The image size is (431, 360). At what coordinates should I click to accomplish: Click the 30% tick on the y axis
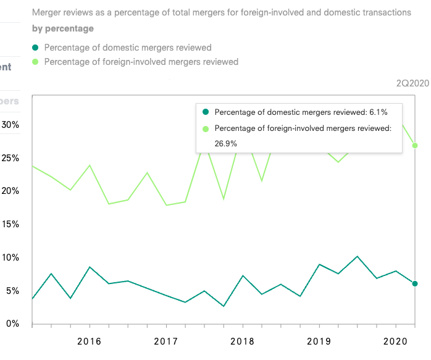10,125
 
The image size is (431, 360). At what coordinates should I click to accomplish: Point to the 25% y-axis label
10,158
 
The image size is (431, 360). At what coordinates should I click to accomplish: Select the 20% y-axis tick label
10,191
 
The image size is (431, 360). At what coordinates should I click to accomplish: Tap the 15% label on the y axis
10,224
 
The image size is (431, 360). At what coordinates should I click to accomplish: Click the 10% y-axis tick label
10,257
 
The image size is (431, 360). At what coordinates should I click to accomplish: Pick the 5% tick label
13,291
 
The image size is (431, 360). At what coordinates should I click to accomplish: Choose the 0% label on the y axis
13,324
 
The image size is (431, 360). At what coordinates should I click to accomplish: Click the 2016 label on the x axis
90,341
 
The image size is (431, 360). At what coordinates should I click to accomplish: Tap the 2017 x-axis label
166,341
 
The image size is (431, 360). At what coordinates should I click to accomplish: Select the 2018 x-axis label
243,341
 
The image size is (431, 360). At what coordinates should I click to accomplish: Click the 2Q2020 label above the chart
412,83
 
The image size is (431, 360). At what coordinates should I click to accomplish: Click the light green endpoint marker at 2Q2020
415,145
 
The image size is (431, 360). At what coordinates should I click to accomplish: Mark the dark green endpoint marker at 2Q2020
415,283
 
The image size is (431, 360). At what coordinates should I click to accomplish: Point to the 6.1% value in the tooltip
378,112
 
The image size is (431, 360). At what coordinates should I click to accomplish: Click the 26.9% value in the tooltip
226,143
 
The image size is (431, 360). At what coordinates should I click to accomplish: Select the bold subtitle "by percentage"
63,28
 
